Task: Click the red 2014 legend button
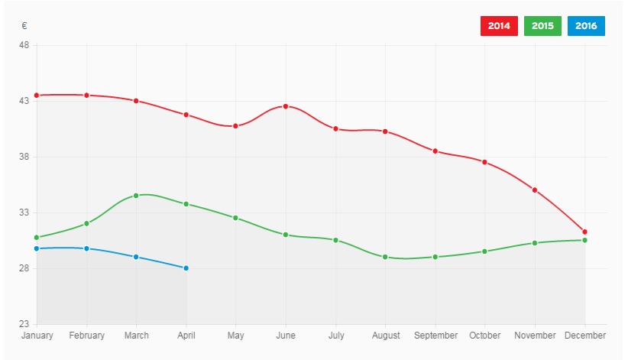pyautogui.click(x=499, y=26)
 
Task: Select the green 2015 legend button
pyautogui.click(x=543, y=26)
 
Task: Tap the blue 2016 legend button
pyautogui.click(x=586, y=26)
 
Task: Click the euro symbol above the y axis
pyautogui.click(x=24, y=26)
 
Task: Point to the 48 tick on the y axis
pyautogui.click(x=24, y=45)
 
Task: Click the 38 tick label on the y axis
pyautogui.click(x=24, y=157)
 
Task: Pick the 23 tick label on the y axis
pyautogui.click(x=24, y=325)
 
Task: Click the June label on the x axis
pyautogui.click(x=286, y=336)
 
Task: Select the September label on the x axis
pyautogui.click(x=435, y=336)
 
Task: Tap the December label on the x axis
pyautogui.click(x=584, y=336)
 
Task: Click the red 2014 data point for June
pyautogui.click(x=286, y=106)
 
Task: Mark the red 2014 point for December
pyautogui.click(x=584, y=232)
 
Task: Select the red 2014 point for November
pyautogui.click(x=535, y=190)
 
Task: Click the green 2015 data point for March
pyautogui.click(x=136, y=196)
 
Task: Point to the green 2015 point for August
pyautogui.click(x=385, y=257)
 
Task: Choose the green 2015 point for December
pyautogui.click(x=584, y=240)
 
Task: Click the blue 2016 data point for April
pyautogui.click(x=186, y=268)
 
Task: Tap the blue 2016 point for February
pyautogui.click(x=86, y=248)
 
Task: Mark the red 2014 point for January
pyautogui.click(x=37, y=95)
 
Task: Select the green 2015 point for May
pyautogui.click(x=235, y=218)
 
